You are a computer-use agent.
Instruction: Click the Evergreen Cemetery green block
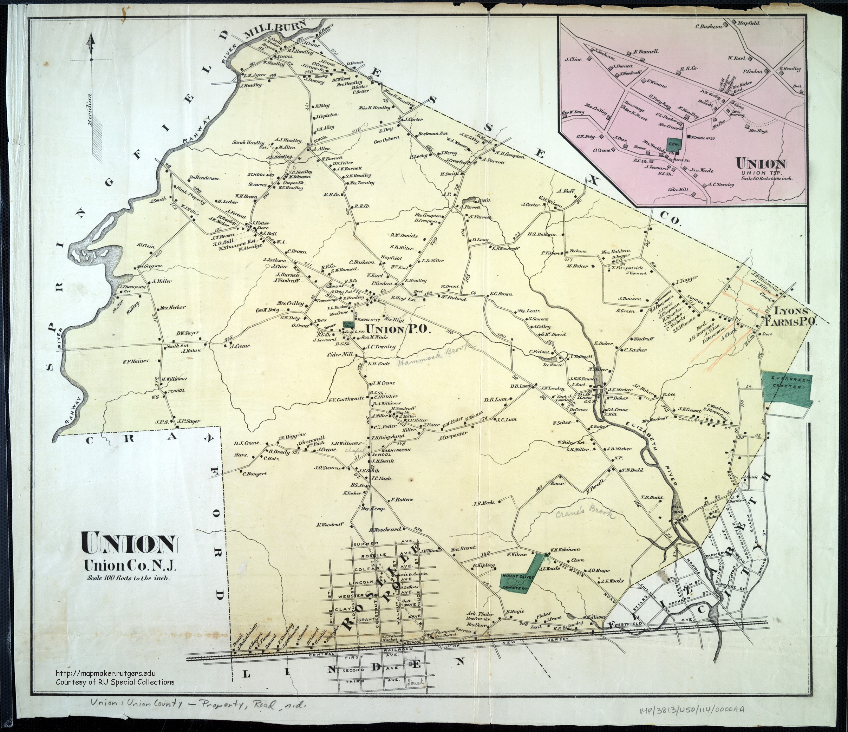786,391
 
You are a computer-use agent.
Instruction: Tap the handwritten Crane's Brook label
585,512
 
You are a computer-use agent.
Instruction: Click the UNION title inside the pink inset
761,164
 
